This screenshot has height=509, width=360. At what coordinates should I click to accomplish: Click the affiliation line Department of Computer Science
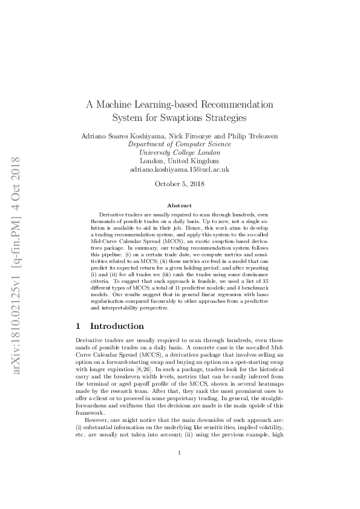(x=180, y=145)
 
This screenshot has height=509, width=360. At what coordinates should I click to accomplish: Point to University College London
(x=180, y=154)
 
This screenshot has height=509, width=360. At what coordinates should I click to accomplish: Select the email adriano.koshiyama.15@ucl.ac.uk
(x=180, y=170)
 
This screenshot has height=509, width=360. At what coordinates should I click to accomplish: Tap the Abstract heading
(x=180, y=206)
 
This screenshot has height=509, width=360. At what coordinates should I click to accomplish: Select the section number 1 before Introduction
(x=77, y=326)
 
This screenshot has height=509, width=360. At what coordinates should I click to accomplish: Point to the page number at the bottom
(x=180, y=470)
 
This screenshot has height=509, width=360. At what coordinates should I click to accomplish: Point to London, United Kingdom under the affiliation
(x=180, y=162)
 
